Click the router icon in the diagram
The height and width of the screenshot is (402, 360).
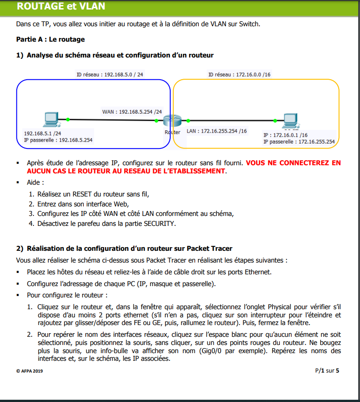pos(172,121)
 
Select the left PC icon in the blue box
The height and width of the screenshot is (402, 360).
pos(50,120)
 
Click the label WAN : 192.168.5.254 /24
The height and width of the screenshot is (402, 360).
pos(132,111)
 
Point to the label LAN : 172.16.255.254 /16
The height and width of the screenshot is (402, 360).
pos(217,131)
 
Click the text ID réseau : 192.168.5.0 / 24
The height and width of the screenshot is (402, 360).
pos(110,74)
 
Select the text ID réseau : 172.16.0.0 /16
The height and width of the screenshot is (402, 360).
pos(239,74)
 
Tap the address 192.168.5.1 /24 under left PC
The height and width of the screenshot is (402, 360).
pos(43,134)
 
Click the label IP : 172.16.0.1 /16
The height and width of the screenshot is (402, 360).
pos(285,135)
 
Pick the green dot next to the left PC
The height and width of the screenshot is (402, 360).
pos(67,120)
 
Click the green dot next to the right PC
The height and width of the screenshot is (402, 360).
pos(275,121)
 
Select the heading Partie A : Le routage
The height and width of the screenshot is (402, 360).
pos(50,39)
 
